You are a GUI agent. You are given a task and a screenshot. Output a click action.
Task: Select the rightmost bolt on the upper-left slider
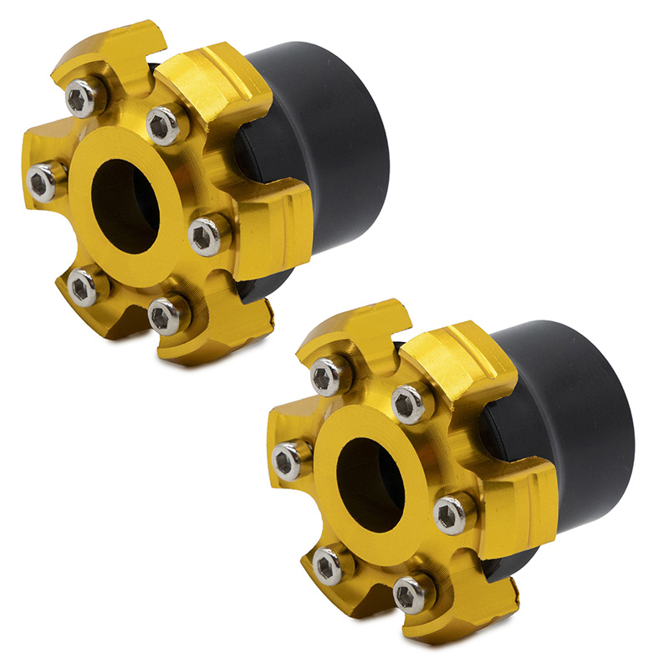pyautogui.click(x=204, y=237)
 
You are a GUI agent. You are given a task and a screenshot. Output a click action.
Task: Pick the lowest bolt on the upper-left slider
pyautogui.click(x=166, y=317)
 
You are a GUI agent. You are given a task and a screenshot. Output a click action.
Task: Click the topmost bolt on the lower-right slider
pyautogui.click(x=328, y=377)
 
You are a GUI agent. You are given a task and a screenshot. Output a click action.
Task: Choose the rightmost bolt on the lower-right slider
pyautogui.click(x=450, y=514)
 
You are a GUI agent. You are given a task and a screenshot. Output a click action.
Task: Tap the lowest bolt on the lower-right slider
pyautogui.click(x=410, y=595)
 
